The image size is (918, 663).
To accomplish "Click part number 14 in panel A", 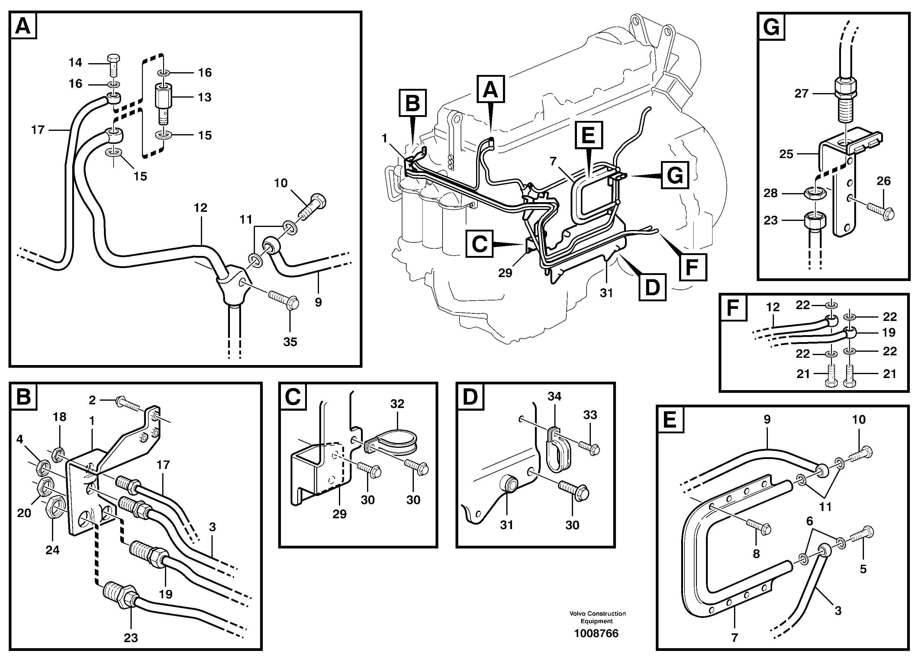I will pyautogui.click(x=75, y=62).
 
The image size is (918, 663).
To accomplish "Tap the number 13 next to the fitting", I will pyautogui.click(x=205, y=97).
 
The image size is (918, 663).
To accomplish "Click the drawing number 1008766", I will pyautogui.click(x=596, y=633).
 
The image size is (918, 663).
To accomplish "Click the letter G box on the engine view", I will pyautogui.click(x=675, y=175).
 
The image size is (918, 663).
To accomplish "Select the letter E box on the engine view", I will pyautogui.click(x=588, y=135).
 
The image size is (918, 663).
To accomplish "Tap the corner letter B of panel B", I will pyautogui.click(x=23, y=396).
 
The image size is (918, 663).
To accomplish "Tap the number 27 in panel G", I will pyautogui.click(x=801, y=94).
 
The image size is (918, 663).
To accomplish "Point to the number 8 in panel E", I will pyautogui.click(x=756, y=554).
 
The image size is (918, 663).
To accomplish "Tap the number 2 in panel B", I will pyautogui.click(x=92, y=400).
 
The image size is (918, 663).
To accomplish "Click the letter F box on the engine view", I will pyautogui.click(x=693, y=267).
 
